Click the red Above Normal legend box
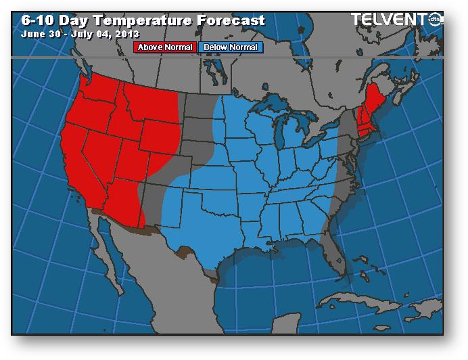165,47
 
